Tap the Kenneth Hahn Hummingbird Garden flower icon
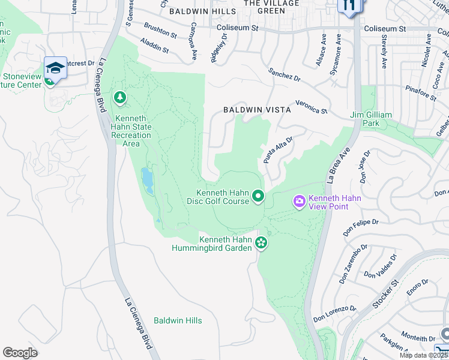point(261,242)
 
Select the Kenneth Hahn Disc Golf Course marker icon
point(259,196)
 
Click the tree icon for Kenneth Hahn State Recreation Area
point(120,97)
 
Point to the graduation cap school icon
point(55,68)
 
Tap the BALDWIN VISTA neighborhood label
point(257,110)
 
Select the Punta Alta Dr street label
point(278,149)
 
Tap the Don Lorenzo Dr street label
point(334,313)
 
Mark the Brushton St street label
point(161,31)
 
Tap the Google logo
point(20,352)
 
